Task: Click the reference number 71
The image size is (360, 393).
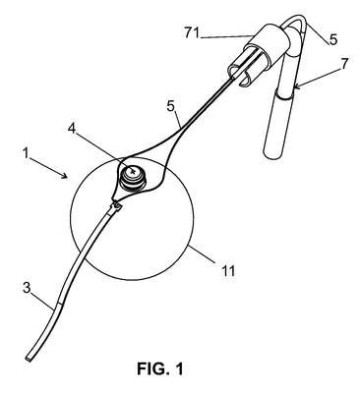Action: (192, 33)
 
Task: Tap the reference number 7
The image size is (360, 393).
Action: (344, 64)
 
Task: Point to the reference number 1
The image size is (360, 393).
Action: (27, 153)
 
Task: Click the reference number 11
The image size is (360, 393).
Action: (228, 271)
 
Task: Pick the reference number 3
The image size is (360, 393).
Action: (27, 288)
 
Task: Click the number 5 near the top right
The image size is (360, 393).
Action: (333, 39)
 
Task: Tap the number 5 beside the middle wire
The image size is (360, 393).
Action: (170, 107)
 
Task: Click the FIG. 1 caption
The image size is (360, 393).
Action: (160, 369)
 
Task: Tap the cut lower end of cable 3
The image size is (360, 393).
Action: (29, 359)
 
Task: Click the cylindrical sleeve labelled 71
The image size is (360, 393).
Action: (267, 45)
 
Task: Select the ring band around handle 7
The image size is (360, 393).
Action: (284, 95)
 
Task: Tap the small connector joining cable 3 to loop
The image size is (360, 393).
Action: (116, 206)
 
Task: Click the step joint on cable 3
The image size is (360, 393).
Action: (59, 303)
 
